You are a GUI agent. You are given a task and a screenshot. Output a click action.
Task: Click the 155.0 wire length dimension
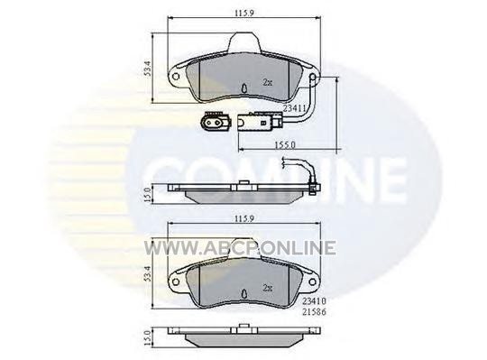285,145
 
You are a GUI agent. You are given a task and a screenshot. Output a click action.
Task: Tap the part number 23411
294,107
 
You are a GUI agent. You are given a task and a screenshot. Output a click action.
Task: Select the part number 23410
315,300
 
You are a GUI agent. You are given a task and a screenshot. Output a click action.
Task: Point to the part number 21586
315,312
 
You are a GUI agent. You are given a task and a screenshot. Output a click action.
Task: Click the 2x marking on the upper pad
268,82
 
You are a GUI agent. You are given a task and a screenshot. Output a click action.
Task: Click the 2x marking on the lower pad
268,288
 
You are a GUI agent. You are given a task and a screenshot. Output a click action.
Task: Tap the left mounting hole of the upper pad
176,77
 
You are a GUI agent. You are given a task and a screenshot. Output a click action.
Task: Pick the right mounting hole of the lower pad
312,282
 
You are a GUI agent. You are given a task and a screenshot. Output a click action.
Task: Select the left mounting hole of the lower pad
176,282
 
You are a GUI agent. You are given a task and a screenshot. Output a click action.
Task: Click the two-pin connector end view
216,122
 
